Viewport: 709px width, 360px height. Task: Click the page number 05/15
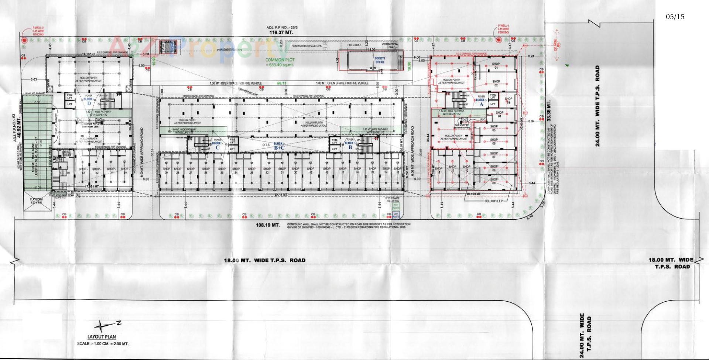(x=675, y=17)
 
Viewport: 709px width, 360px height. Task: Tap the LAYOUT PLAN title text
(x=102, y=336)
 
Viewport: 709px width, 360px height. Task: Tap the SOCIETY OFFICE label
(x=380, y=60)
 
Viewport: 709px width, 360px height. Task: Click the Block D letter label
(x=89, y=103)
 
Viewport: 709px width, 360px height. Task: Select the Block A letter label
(x=481, y=104)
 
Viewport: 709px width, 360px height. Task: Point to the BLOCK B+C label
(x=278, y=146)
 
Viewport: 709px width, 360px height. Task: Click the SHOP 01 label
(x=496, y=66)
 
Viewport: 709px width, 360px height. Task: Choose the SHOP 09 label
(x=494, y=181)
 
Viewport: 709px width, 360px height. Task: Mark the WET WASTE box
(x=396, y=207)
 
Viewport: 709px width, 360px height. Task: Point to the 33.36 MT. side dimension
(x=549, y=111)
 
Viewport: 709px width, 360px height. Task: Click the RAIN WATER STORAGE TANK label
(x=306, y=46)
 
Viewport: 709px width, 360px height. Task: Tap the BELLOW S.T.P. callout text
(x=494, y=201)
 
